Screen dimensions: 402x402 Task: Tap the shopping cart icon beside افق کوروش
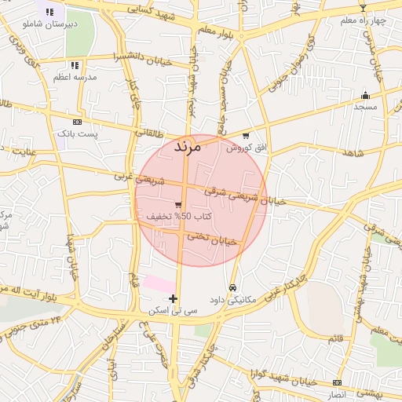(246, 136)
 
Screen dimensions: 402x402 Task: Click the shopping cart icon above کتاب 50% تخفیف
(179, 204)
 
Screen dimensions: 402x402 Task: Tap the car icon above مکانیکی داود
(233, 287)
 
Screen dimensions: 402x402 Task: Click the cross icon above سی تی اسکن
(174, 298)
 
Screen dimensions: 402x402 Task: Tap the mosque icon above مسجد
(365, 95)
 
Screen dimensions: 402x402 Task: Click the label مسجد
(365, 106)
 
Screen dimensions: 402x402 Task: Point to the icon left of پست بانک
(77, 122)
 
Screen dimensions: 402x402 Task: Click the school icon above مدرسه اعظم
(75, 65)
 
